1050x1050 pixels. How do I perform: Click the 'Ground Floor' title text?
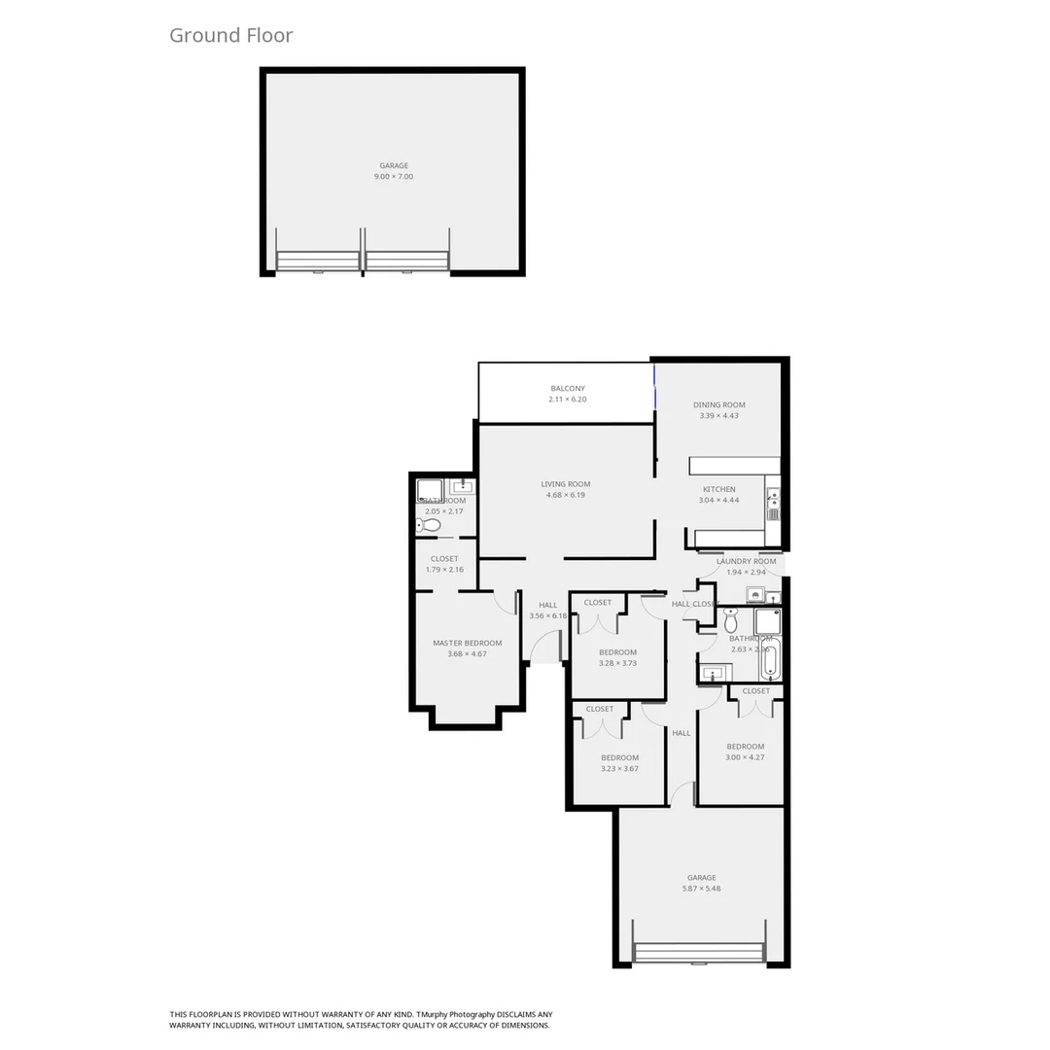tap(230, 36)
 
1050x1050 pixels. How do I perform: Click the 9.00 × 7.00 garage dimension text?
tap(394, 177)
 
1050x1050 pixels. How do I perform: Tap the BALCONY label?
tap(568, 388)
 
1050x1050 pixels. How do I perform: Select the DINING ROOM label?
tap(719, 404)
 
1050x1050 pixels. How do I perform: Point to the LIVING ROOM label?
tap(566, 484)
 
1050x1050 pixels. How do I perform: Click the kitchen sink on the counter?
tap(773, 503)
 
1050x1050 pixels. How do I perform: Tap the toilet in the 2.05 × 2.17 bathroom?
tap(430, 525)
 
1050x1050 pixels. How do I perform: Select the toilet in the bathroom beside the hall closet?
tap(731, 619)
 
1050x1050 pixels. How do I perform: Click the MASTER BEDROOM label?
tap(468, 643)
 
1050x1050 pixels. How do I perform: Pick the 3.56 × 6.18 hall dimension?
tap(548, 615)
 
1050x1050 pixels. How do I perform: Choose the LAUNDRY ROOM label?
tap(747, 561)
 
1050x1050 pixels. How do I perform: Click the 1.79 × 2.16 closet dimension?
tap(444, 570)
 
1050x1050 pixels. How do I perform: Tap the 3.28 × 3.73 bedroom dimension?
tap(617, 663)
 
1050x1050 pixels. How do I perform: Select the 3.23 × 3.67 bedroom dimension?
tap(619, 769)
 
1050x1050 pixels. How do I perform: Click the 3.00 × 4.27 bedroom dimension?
tap(745, 757)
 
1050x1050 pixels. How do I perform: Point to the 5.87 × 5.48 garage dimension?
tap(701, 889)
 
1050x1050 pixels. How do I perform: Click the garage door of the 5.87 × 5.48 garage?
tap(699, 953)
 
